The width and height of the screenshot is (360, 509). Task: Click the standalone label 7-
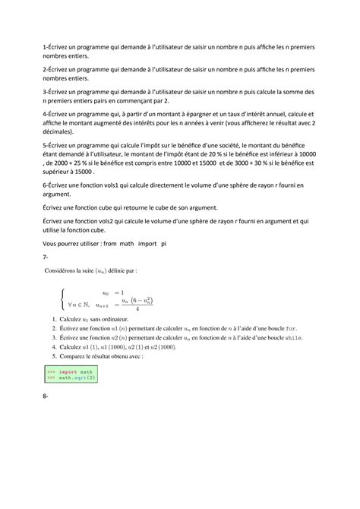(x=47, y=258)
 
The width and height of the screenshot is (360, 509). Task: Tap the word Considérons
(x=66, y=270)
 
